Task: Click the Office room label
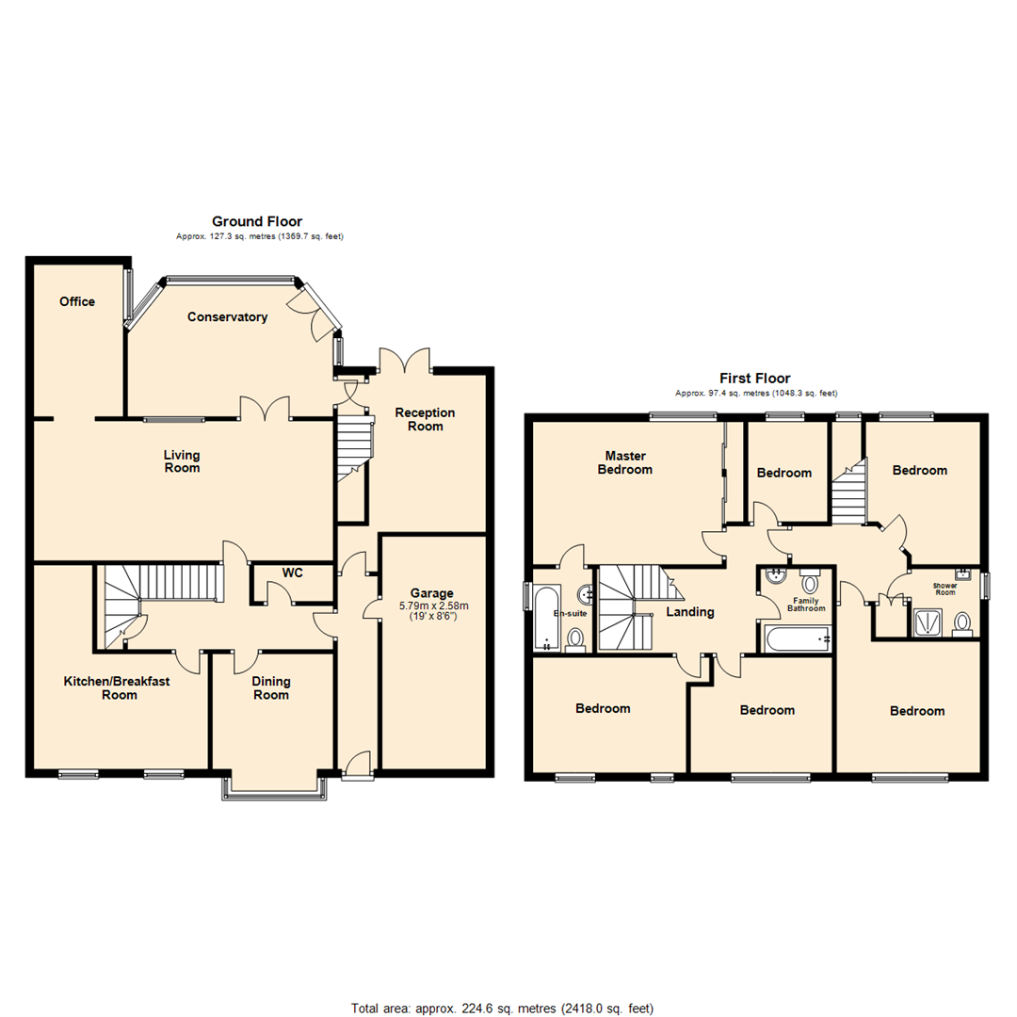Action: coord(77,301)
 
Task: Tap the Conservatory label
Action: coord(227,317)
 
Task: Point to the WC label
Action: coord(292,573)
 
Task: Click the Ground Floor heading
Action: coord(256,221)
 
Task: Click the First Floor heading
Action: coord(755,378)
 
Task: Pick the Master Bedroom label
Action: coord(624,462)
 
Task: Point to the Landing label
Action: coord(690,612)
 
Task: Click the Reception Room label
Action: coord(425,419)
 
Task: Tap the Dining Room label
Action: coord(271,688)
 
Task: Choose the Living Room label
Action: coord(182,461)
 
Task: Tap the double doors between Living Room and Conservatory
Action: coord(264,409)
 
